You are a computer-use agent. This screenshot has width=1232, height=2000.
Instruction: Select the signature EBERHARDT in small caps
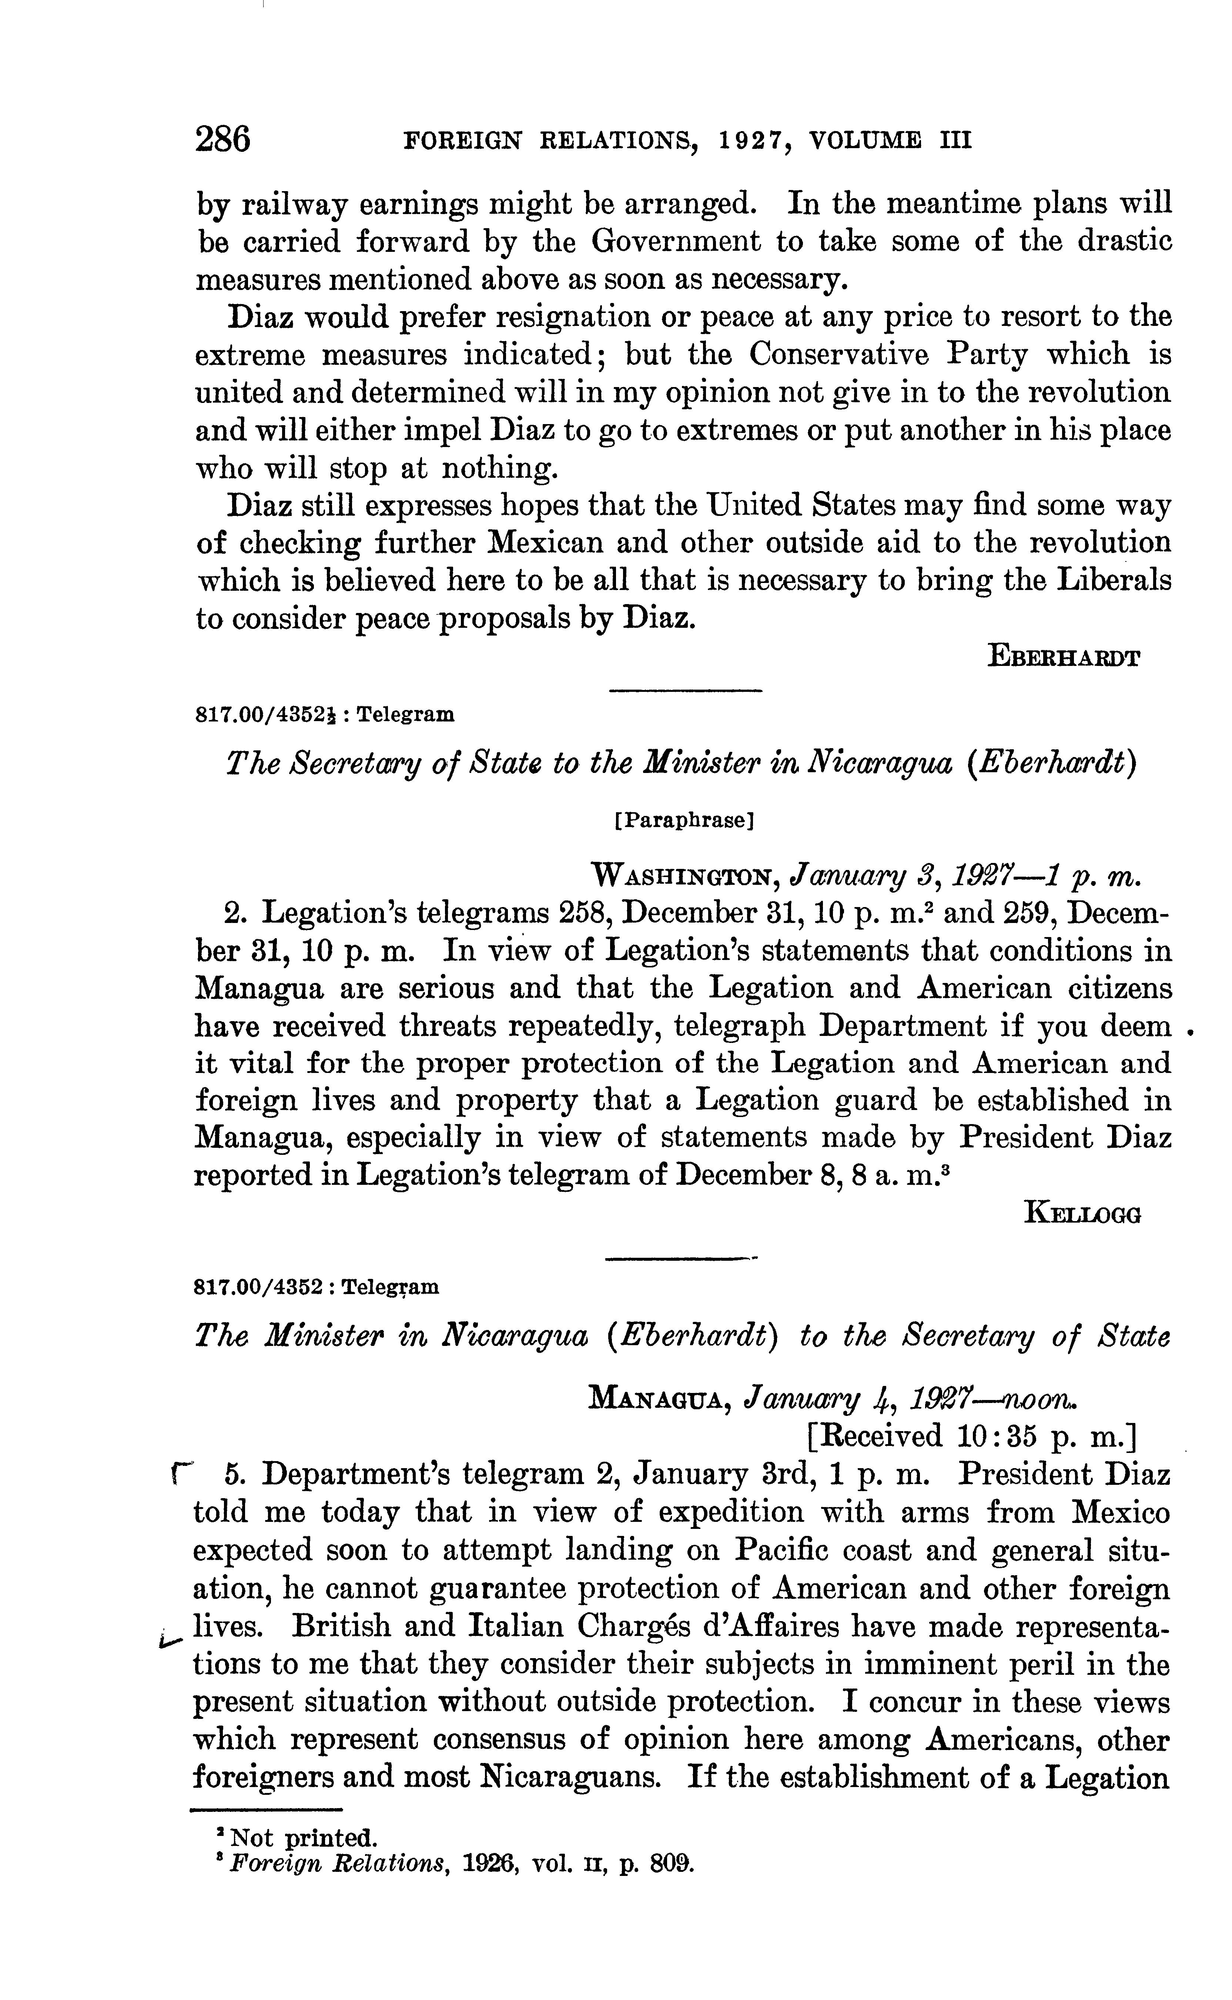pyautogui.click(x=1063, y=657)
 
